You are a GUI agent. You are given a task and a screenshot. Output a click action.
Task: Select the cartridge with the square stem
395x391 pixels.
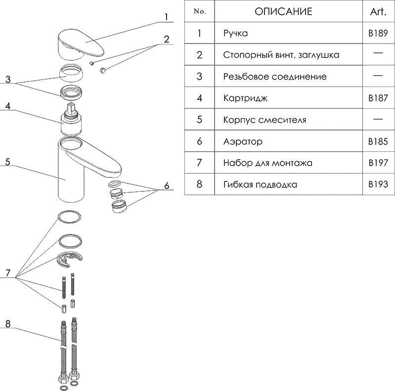[x=72, y=121]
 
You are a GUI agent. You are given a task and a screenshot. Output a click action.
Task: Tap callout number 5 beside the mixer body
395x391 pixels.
[x=7, y=161]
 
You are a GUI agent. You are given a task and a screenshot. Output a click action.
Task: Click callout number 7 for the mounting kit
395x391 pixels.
[x=7, y=273]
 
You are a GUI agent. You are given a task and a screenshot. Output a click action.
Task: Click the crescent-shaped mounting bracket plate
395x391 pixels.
[x=71, y=259]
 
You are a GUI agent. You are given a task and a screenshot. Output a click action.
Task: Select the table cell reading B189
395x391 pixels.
[x=378, y=34]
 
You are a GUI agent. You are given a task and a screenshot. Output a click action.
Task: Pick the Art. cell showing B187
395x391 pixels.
[x=378, y=98]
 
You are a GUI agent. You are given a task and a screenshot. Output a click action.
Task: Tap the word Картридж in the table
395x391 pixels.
[x=245, y=98]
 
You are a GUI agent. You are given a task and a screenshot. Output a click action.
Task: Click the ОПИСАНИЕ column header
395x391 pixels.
[x=283, y=12]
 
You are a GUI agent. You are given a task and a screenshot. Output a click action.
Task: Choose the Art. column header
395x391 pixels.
[x=378, y=12]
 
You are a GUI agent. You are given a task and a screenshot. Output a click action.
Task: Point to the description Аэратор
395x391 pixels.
[x=243, y=141]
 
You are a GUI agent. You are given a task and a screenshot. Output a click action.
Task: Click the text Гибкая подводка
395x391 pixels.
[x=260, y=184]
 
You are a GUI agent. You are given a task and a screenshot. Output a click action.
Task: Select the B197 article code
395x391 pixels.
[x=378, y=163]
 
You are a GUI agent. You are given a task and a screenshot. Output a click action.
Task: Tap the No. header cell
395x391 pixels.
[x=200, y=12]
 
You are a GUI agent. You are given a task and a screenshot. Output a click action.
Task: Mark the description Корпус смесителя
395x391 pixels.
[x=264, y=120]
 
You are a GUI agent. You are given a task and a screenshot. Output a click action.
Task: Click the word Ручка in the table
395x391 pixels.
[x=236, y=34]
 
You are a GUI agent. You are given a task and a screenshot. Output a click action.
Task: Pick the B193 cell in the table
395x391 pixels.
[x=378, y=184]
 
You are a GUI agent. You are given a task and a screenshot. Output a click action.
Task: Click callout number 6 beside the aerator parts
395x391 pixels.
[x=167, y=186]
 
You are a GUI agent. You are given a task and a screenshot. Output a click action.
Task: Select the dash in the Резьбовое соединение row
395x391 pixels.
[x=378, y=76]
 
